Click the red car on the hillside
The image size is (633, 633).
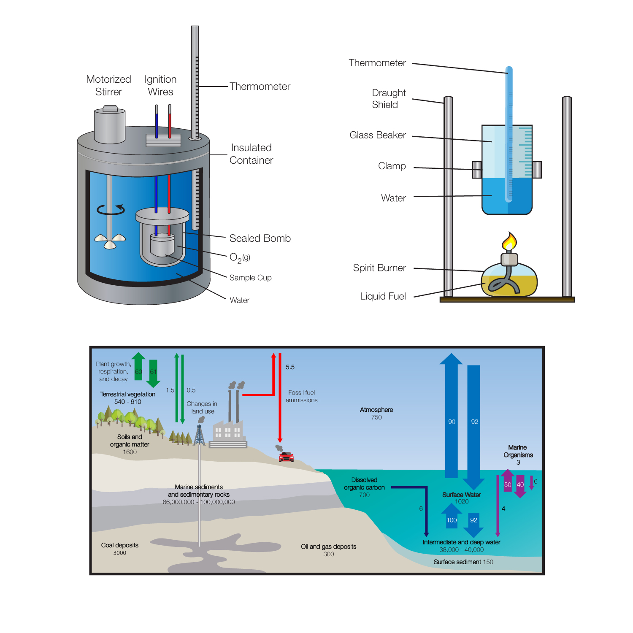coord(286,457)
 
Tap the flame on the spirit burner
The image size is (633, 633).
coord(509,242)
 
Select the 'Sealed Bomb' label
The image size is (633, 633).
coord(260,238)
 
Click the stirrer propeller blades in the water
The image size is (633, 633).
coord(110,241)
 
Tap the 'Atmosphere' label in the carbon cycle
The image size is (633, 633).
coord(376,410)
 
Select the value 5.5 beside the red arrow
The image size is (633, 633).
coord(290,367)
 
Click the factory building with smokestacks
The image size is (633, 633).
coord(228,433)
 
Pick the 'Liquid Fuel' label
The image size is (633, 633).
coord(383,296)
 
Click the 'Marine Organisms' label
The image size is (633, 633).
coord(518,451)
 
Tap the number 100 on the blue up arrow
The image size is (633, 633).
coord(452,520)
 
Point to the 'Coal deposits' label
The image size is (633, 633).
coord(120,545)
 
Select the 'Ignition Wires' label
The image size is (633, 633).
coord(160,85)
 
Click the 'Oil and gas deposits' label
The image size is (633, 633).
coord(328,546)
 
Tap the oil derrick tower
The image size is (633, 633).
coord(200,436)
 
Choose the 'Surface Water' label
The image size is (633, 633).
coord(461,495)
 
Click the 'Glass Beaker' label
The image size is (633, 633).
coord(377,135)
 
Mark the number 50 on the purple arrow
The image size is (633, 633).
coord(508,485)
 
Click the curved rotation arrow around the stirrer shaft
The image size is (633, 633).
coord(111,209)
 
